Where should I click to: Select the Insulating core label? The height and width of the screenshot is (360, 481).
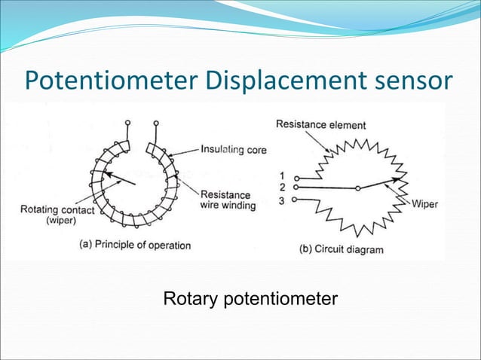[233, 150]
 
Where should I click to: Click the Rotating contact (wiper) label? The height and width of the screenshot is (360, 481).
[57, 215]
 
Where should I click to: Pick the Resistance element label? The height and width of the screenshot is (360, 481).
[320, 124]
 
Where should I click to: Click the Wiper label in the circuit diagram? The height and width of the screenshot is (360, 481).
[424, 203]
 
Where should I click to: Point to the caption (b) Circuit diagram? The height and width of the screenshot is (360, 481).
[342, 249]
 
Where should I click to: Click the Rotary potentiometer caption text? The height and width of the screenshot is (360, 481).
[250, 300]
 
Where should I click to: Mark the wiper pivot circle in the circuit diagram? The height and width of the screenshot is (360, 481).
[357, 188]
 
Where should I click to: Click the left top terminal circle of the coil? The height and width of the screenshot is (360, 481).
[127, 122]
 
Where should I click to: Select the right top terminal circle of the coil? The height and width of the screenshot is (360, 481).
[156, 122]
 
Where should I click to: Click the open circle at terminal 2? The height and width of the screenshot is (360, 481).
[296, 187]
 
